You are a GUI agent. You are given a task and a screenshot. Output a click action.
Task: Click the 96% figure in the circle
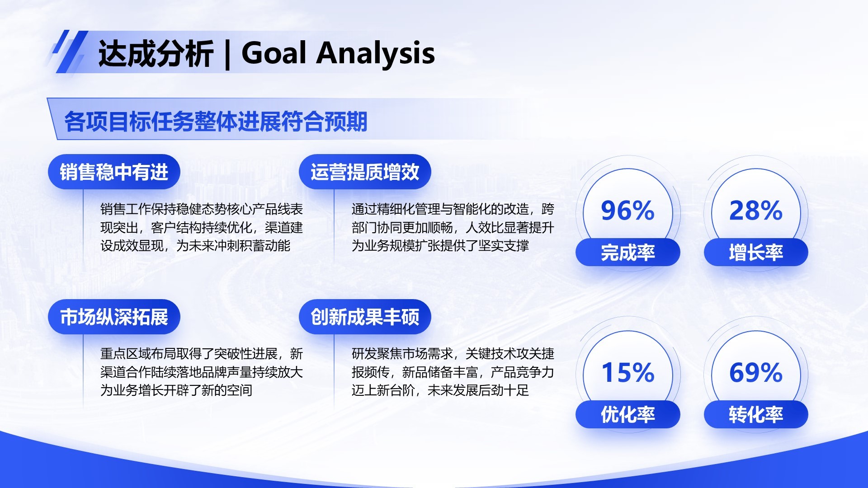coord(627,211)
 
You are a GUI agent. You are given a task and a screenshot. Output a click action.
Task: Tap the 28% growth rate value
coord(756,211)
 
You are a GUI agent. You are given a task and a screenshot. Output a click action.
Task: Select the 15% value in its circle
coord(627,373)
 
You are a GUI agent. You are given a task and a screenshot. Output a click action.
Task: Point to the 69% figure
coord(756,373)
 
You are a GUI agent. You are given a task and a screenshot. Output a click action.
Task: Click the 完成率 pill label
coord(627,252)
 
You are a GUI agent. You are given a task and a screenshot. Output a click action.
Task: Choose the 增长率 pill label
coord(756,252)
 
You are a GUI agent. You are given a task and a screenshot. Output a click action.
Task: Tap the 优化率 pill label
coord(627,414)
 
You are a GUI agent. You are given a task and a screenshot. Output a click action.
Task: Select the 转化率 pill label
coord(756,414)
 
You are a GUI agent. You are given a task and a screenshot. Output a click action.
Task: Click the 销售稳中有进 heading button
coord(114,172)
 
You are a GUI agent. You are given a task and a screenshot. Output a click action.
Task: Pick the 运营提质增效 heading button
coord(365,172)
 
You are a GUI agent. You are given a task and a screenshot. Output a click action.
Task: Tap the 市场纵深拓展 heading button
coord(114,317)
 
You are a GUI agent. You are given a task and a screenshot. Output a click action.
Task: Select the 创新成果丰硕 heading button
coord(365,317)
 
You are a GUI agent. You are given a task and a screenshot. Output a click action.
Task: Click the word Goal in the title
coord(274,53)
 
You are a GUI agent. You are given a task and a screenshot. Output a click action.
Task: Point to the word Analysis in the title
coord(375,54)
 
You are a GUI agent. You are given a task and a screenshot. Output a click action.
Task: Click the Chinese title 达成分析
coord(156,54)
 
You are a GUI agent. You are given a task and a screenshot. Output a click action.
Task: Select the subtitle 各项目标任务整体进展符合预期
coord(216,122)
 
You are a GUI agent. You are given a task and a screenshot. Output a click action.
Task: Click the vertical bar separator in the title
coord(227,55)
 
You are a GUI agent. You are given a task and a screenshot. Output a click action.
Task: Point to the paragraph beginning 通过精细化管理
coord(452,227)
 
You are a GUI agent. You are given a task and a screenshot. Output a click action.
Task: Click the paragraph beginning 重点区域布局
coord(201,372)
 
